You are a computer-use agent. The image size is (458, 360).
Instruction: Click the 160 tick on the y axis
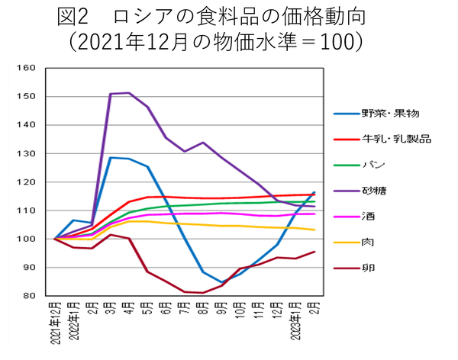tap(26, 68)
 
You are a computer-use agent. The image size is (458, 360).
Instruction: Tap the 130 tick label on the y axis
tap(26, 153)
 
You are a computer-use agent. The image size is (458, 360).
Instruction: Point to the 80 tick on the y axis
tap(28, 296)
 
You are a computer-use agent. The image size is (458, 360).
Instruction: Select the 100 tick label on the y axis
tap(26, 239)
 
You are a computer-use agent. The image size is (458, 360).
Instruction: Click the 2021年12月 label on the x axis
tap(56, 323)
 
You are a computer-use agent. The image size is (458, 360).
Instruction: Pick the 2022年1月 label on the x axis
tap(74, 323)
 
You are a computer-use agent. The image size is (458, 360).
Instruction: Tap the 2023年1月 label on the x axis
tap(295, 323)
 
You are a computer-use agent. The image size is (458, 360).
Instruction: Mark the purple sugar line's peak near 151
tap(129, 93)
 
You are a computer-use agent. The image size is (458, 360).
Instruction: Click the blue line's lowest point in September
tap(221, 282)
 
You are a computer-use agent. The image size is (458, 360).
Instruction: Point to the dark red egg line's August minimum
tap(203, 293)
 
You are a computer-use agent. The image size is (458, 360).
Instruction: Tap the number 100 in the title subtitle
tap(337, 40)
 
